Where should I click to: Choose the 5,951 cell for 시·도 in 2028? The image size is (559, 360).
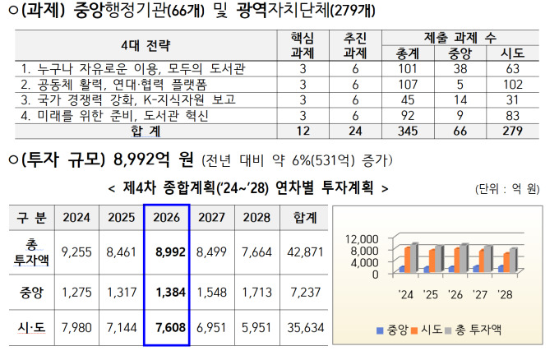point(256,328)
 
